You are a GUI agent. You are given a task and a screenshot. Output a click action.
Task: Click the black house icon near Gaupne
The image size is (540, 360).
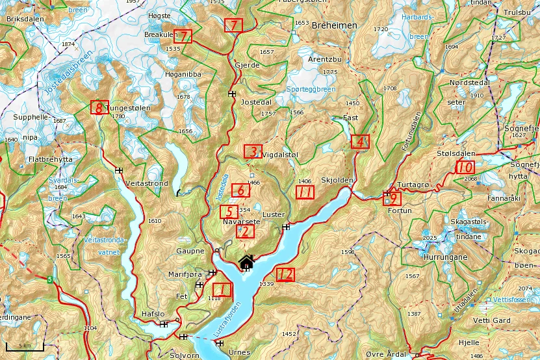point(246,263)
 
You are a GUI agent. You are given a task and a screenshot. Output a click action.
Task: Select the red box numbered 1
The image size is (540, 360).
point(222,290)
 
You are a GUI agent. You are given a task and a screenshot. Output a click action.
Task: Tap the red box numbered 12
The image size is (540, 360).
point(285,274)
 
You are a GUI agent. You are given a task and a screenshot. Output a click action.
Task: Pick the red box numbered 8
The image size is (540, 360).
point(99,108)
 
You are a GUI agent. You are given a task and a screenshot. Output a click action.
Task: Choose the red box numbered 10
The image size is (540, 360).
point(465,167)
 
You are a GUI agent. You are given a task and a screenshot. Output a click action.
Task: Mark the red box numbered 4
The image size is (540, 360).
point(360,141)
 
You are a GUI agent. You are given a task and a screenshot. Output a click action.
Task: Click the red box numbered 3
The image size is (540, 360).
point(253,151)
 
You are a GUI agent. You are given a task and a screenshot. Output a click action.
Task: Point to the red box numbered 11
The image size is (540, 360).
point(305,192)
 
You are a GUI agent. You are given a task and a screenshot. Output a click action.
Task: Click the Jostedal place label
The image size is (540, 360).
point(255,103)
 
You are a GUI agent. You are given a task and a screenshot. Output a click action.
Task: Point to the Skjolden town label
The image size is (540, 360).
point(336,179)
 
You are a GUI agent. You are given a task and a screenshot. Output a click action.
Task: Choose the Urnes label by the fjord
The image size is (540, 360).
point(239,352)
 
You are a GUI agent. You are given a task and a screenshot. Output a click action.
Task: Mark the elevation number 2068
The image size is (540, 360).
point(470,178)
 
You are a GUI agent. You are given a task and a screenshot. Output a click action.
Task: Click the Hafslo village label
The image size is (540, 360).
point(153,314)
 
